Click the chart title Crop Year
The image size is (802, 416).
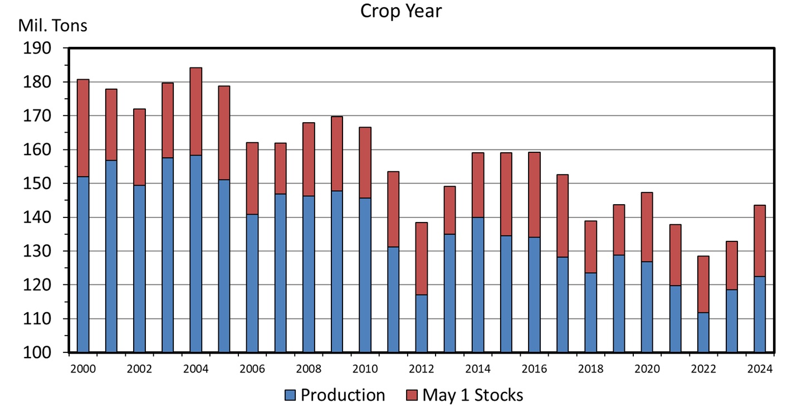400,11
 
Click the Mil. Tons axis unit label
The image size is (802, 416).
53,26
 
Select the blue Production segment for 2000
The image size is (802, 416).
83,264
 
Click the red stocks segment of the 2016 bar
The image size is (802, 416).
534,195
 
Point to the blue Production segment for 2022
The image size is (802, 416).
703,332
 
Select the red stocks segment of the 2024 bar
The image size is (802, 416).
760,241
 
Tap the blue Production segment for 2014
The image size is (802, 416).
478,284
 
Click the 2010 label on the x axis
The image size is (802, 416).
365,369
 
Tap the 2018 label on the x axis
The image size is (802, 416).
590,369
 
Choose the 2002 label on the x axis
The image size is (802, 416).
139,369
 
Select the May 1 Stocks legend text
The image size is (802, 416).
472,395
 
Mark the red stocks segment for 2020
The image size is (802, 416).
647,227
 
